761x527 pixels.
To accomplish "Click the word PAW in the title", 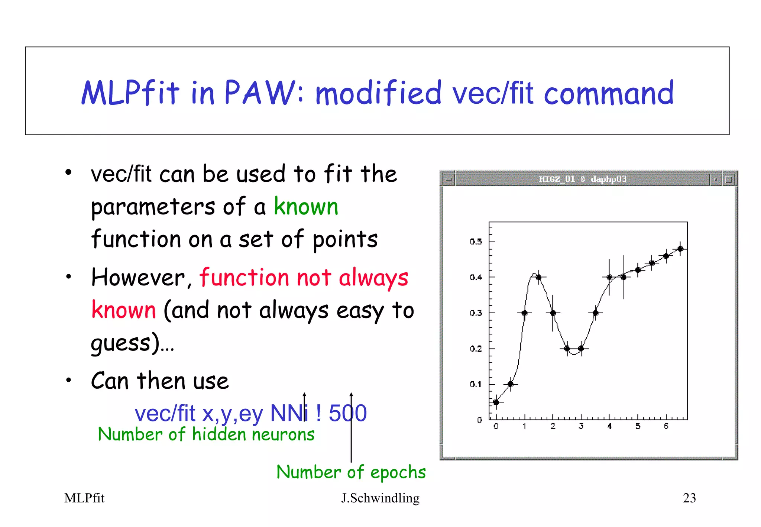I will [x=259, y=93].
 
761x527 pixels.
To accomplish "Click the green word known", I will [x=306, y=207].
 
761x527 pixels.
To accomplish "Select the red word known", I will [x=123, y=310].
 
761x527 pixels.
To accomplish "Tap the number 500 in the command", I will [x=347, y=413].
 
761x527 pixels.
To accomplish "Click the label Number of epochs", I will [x=351, y=472].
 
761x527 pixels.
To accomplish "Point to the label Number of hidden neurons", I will [x=206, y=434].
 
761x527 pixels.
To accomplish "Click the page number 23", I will [x=689, y=498].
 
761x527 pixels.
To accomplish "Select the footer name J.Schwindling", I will [x=380, y=498].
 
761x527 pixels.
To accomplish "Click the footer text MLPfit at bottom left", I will [x=84, y=498].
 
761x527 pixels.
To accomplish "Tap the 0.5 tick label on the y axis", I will [x=476, y=242].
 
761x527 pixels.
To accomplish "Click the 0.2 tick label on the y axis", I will [x=476, y=349].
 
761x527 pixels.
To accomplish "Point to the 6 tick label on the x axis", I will [x=666, y=426].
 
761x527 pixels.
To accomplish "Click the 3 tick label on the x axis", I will [x=581, y=426].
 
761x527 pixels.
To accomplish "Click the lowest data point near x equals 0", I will [x=496, y=402].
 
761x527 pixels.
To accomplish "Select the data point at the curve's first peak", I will [x=538, y=277].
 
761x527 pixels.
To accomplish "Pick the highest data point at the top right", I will [x=680, y=249].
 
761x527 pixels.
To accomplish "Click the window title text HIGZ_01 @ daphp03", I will [x=582, y=179].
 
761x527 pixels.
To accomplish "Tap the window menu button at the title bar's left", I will [x=449, y=180].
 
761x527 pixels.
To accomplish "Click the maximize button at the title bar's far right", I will [x=729, y=180].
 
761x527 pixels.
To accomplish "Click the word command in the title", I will [x=608, y=93].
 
